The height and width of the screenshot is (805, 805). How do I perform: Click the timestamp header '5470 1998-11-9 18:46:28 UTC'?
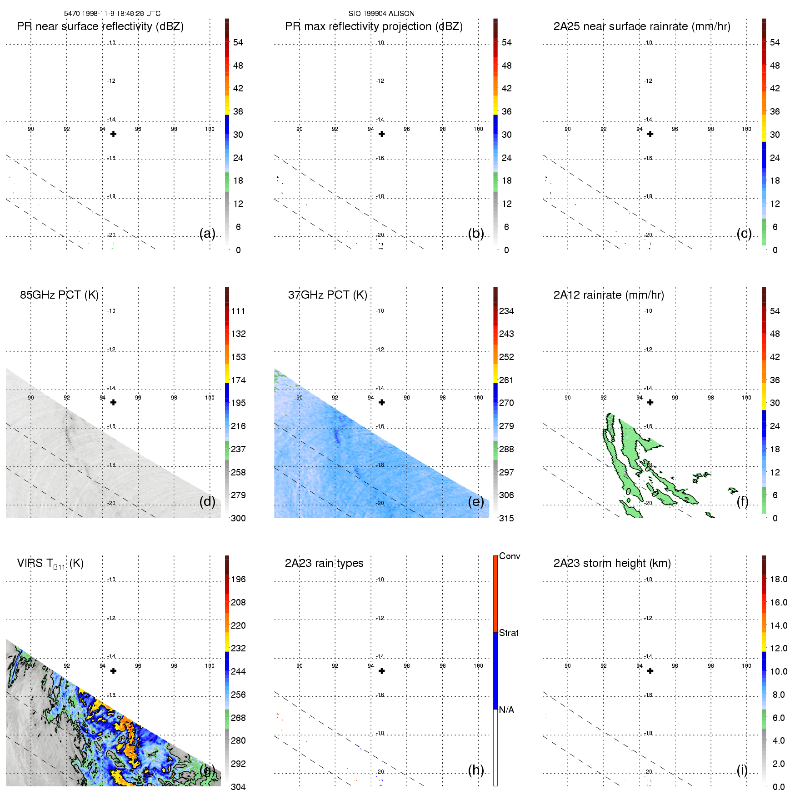coord(112,14)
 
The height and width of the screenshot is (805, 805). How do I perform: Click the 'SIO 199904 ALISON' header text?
coord(381,14)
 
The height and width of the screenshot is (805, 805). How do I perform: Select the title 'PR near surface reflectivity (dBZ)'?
coord(100,26)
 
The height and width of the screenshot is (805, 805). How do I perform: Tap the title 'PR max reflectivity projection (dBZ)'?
coord(374,26)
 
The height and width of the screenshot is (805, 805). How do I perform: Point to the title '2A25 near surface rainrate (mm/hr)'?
coord(642,26)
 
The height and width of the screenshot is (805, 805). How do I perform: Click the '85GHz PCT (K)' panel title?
coord(59,295)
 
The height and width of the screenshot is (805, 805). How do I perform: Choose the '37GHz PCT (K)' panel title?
coord(327,295)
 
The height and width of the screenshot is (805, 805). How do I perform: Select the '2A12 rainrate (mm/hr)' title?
coord(609,295)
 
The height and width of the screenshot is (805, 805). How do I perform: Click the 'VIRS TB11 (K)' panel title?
coord(50,564)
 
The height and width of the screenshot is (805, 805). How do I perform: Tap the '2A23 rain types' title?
coord(324,563)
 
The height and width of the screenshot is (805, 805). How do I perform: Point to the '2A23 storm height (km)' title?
coord(612,563)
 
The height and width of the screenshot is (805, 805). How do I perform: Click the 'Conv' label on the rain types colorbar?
coord(510,556)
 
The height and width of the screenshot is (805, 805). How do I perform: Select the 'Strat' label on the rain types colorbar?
coord(509,633)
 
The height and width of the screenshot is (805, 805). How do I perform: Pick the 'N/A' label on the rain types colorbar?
coord(506,710)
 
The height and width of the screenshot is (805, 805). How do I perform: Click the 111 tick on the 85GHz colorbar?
coord(238,311)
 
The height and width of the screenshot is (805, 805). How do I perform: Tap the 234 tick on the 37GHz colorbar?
coord(506,311)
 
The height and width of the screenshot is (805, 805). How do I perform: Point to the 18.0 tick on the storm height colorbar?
coord(779,580)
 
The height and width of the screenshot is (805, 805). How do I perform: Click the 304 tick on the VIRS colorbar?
coord(238,787)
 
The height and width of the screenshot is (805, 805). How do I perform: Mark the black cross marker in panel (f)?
coord(650,402)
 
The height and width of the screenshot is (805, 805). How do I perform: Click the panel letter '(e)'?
coord(476,501)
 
